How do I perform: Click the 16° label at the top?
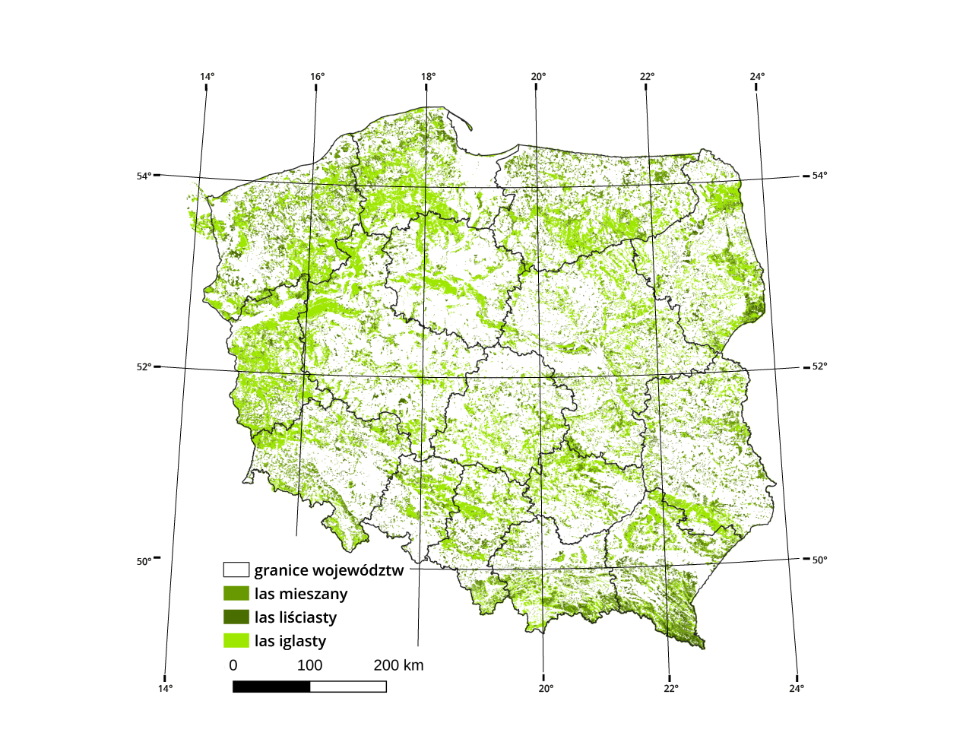317,76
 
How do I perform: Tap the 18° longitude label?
428,76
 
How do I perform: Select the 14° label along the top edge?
207,76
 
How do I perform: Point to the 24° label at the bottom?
796,688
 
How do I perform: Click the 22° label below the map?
670,688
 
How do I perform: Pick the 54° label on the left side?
144,176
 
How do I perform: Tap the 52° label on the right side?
819,366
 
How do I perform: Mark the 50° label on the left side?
144,561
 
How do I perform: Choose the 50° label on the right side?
819,560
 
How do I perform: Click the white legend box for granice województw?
236,569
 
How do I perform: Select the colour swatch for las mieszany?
236,593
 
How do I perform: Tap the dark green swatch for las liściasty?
236,617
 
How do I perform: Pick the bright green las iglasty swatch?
236,640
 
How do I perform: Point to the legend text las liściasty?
296,617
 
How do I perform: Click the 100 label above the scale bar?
309,665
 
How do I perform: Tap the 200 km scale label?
398,665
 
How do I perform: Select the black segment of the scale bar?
271,687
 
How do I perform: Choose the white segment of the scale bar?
348,687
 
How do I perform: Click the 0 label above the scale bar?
233,665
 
